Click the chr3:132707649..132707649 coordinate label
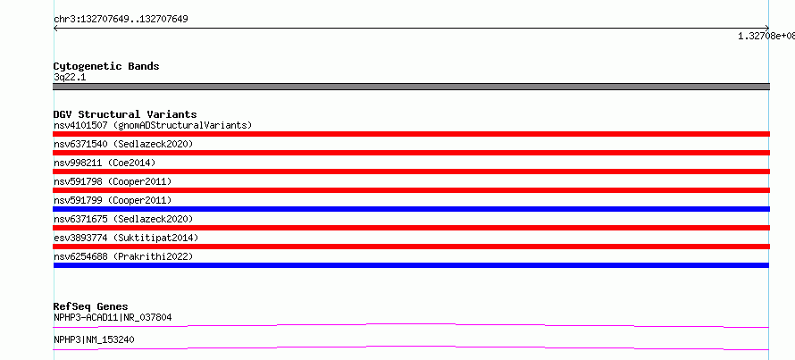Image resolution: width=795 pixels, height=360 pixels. [x=121, y=20]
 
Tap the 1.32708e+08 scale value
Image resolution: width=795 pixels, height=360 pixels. [x=766, y=36]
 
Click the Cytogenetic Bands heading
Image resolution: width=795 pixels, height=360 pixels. [x=106, y=66]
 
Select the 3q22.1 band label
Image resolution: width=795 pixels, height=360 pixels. [x=70, y=78]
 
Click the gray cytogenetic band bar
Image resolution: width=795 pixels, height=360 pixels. [x=411, y=87]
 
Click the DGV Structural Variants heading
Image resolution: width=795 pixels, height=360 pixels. [x=125, y=114]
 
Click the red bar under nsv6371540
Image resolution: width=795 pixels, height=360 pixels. [x=411, y=153]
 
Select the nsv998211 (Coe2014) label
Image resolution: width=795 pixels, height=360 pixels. [x=105, y=163]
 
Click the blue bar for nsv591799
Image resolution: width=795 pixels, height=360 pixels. [x=411, y=209]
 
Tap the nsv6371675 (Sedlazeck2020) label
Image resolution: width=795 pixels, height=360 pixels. [x=123, y=219]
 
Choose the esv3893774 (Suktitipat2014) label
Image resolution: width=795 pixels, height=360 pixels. [x=126, y=238]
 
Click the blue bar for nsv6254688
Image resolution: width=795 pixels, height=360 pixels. [x=411, y=265]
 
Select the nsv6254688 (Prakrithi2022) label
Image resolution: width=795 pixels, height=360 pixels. [x=123, y=256]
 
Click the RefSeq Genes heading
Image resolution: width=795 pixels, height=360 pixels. [x=90, y=306]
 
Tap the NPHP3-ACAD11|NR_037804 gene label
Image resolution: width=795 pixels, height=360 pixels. [x=113, y=317]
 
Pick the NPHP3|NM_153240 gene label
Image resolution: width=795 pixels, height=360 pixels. [x=94, y=339]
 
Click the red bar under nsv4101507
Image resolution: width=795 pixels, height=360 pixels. [x=411, y=134]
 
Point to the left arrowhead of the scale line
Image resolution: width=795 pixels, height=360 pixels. [x=54, y=29]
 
